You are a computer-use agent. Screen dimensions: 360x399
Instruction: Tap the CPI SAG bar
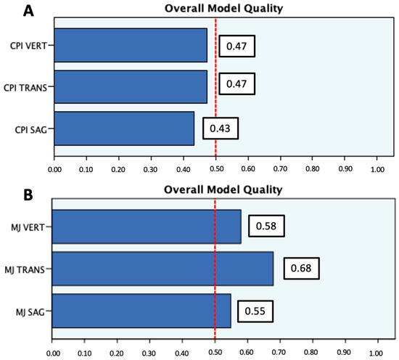123,128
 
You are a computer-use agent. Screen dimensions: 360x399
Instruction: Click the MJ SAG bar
141,310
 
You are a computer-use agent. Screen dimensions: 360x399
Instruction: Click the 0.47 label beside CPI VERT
236,45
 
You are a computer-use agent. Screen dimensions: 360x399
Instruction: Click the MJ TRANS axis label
28,269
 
